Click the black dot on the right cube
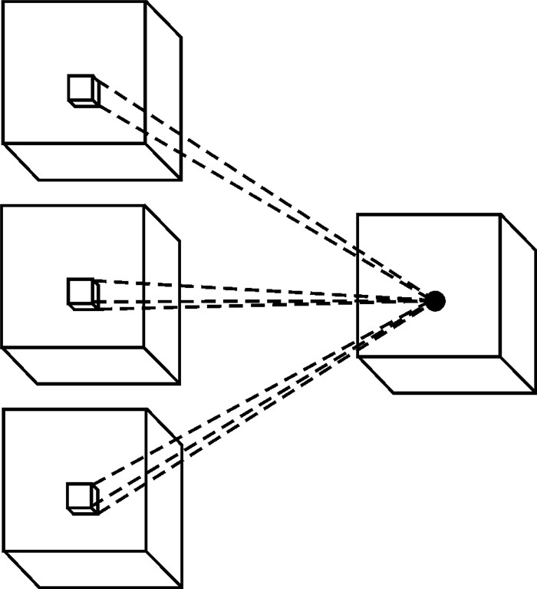pyautogui.click(x=435, y=301)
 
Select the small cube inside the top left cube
pyautogui.click(x=81, y=90)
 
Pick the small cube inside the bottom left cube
pyautogui.click(x=81, y=497)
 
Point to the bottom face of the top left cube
pyautogui.click(x=92, y=161)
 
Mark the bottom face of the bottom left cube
pyautogui.click(x=92, y=569)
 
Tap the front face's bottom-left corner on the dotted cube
pyautogui.click(x=358, y=357)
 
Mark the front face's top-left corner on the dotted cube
pyautogui.click(x=358, y=215)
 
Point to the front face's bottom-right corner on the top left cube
pyautogui.click(x=146, y=143)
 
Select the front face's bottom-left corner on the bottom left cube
pyautogui.click(x=4, y=551)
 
